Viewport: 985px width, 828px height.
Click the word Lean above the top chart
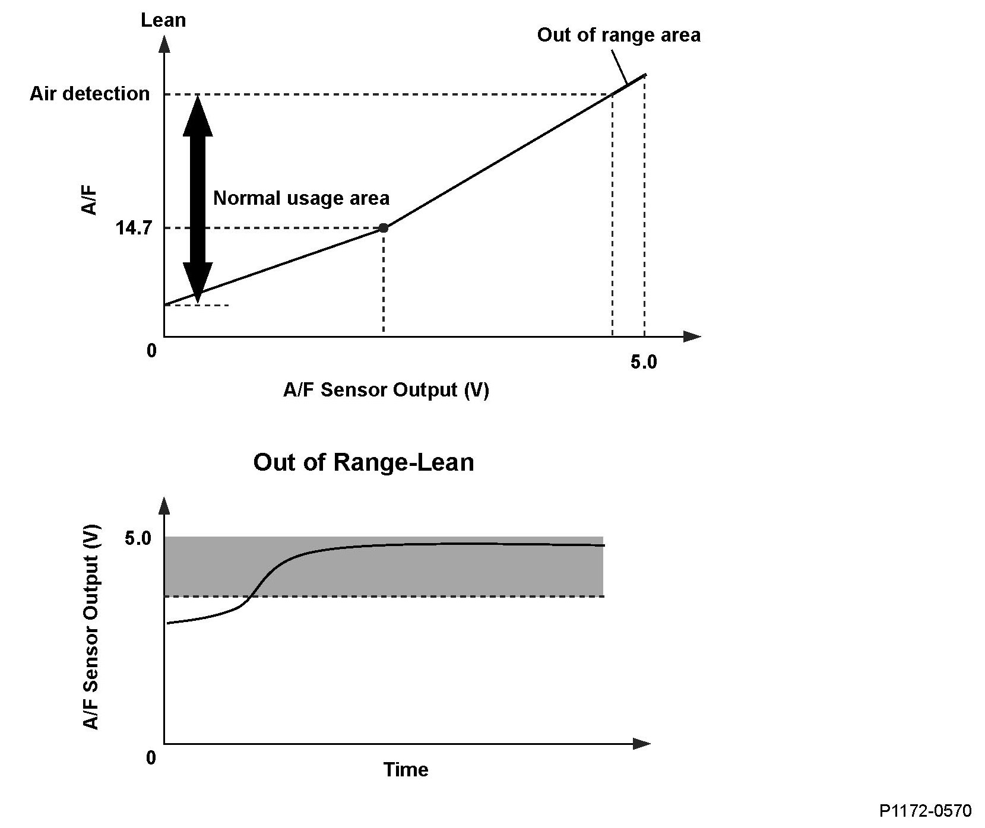pyautogui.click(x=163, y=20)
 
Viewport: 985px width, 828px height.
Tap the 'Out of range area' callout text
pyautogui.click(x=618, y=35)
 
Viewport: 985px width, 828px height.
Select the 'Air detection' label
pyautogui.click(x=90, y=94)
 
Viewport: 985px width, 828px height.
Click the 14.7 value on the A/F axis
pyautogui.click(x=131, y=229)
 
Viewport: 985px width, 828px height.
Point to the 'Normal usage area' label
pyautogui.click(x=301, y=198)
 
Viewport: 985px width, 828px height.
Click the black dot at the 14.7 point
pyautogui.click(x=384, y=228)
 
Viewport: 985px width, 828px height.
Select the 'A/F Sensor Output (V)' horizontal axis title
pyautogui.click(x=386, y=390)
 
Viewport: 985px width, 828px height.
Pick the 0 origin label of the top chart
pyautogui.click(x=152, y=350)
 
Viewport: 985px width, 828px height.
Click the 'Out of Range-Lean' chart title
pyautogui.click(x=363, y=462)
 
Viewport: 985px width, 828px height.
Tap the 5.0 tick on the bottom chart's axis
pyautogui.click(x=138, y=538)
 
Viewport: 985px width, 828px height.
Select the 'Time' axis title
pyautogui.click(x=406, y=770)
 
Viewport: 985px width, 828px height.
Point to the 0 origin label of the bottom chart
pyautogui.click(x=151, y=757)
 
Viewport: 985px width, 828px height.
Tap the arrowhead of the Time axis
pyautogui.click(x=642, y=744)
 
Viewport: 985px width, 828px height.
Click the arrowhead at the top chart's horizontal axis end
pyautogui.click(x=692, y=337)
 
